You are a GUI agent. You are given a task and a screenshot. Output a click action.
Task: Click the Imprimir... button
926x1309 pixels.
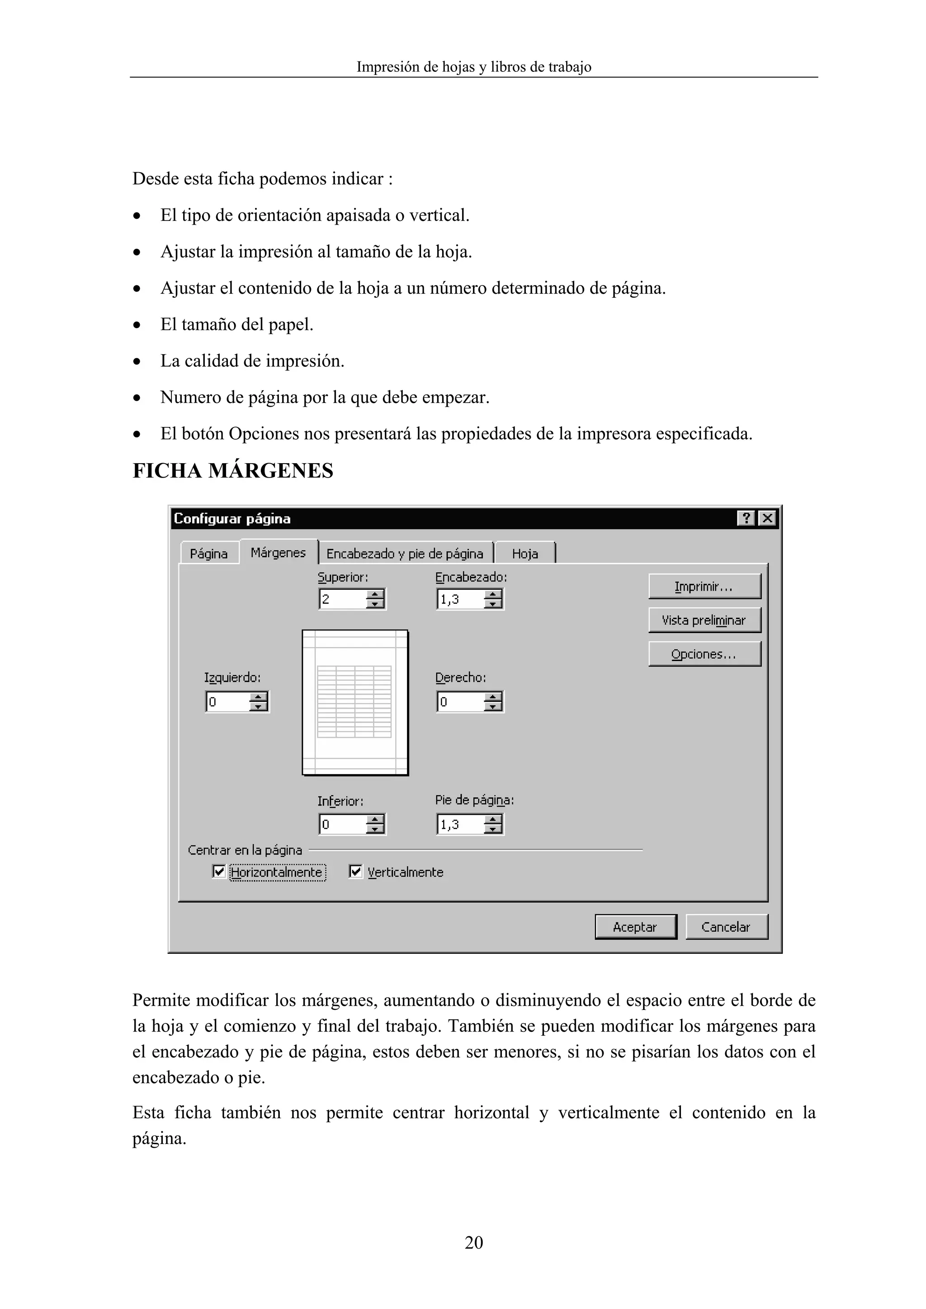(704, 586)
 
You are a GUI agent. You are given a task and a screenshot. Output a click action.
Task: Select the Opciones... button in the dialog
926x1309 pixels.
(704, 654)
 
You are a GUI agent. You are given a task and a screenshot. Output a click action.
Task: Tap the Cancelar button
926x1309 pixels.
(726, 927)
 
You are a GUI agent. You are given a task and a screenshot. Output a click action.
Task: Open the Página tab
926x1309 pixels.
(208, 554)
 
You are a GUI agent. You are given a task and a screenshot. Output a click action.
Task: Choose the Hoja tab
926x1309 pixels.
(524, 554)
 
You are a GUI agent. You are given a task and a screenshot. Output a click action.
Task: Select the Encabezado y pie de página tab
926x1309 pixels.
(405, 554)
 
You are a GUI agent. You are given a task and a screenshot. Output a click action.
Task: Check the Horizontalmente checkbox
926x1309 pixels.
(218, 872)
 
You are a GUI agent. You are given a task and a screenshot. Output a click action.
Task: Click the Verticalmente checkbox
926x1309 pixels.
(355, 872)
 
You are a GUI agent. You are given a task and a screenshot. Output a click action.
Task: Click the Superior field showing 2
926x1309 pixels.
(342, 599)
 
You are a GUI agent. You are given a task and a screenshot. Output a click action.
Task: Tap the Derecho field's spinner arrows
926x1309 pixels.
(493, 702)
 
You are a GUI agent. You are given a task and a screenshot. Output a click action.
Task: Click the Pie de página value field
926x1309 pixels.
(460, 825)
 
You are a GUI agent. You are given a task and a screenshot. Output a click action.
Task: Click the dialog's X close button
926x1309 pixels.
(767, 518)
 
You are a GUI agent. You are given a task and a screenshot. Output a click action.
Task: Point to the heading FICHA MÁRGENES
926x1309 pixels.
(233, 470)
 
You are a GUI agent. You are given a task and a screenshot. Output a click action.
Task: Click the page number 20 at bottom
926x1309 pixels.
(473, 1243)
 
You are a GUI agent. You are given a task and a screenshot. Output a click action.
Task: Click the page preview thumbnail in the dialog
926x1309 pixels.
(355, 702)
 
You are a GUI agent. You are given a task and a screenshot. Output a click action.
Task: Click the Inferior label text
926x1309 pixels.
(340, 801)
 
